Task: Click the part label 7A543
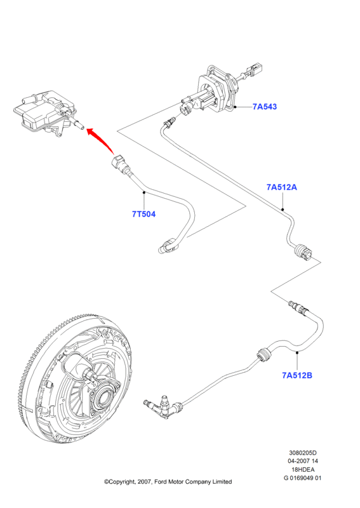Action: click(265, 107)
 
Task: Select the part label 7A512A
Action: click(281, 187)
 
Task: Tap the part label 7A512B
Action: click(297, 375)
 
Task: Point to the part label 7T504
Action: click(143, 214)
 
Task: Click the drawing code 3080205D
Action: click(303, 453)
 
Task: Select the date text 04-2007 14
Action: click(303, 461)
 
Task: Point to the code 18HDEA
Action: click(303, 469)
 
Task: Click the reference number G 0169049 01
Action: click(303, 478)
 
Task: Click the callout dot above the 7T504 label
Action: click(144, 192)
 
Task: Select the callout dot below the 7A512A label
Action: click(283, 210)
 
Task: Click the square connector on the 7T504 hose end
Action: click(119, 161)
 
